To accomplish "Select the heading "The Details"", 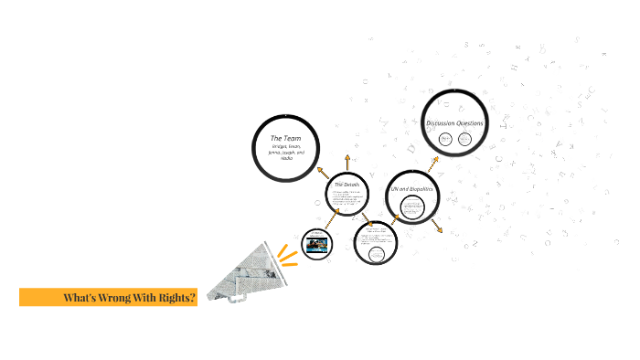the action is (348, 185).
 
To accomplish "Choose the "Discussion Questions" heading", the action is (454, 123).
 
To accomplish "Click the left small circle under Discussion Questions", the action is (444, 139).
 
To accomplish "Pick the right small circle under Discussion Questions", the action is (465, 139).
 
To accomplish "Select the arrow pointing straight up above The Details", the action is (347, 163).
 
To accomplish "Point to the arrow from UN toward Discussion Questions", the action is (434, 161).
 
